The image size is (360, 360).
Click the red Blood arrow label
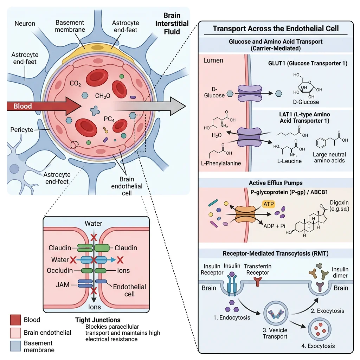23,106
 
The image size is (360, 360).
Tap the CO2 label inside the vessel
76,84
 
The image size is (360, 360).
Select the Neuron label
25,24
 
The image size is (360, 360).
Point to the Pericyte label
22,130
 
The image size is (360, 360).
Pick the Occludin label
60,271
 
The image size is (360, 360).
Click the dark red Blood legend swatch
15,320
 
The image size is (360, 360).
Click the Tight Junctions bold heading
98,320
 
